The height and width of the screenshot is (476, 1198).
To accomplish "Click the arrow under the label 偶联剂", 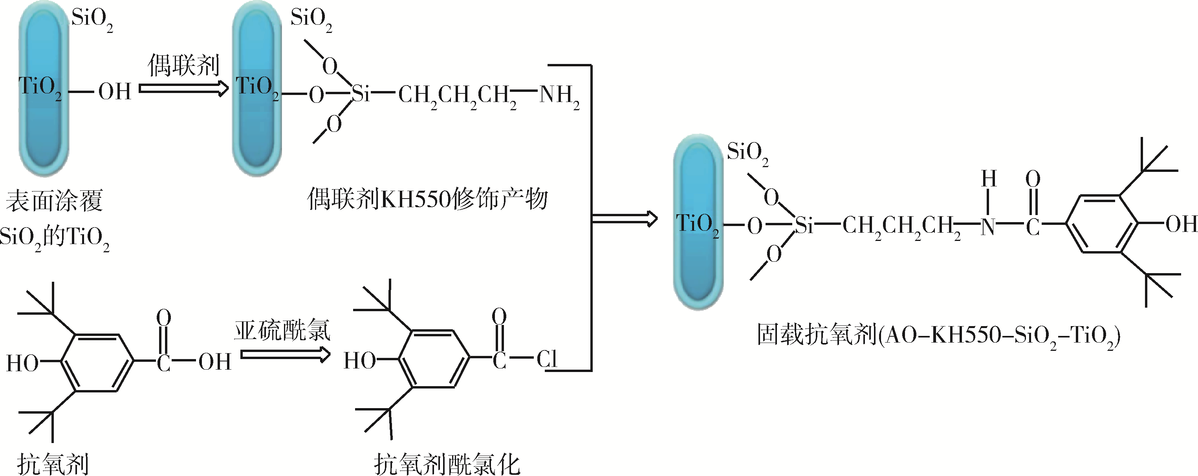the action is click(184, 88).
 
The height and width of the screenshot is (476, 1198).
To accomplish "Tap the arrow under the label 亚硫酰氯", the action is click(285, 355).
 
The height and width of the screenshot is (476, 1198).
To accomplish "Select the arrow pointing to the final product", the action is click(625, 219).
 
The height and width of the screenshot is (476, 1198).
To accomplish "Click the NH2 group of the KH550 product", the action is click(559, 96).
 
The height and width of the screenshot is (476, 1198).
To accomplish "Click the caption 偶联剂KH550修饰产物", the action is click(427, 199).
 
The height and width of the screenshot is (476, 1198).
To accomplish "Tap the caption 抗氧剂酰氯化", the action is click(447, 463).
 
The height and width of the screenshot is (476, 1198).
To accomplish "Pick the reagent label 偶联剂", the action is click(183, 65).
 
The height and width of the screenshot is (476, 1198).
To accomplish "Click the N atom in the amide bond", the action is click(988, 227).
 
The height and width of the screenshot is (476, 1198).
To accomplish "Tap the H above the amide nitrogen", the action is click(989, 178).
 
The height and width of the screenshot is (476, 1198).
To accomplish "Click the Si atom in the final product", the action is click(804, 226).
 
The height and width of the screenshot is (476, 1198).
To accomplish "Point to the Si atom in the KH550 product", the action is click(361, 94).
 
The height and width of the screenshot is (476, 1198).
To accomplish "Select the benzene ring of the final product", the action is click(1101, 224).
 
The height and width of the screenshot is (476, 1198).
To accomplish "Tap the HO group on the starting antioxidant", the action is click(22, 363).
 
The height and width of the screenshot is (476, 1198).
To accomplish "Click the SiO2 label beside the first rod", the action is click(92, 20).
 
